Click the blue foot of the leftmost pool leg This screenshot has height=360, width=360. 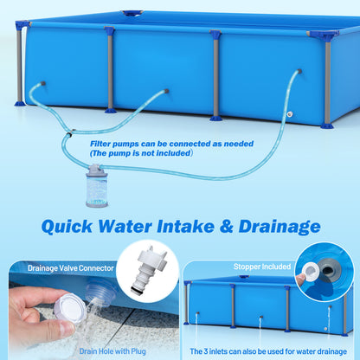[20, 103]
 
